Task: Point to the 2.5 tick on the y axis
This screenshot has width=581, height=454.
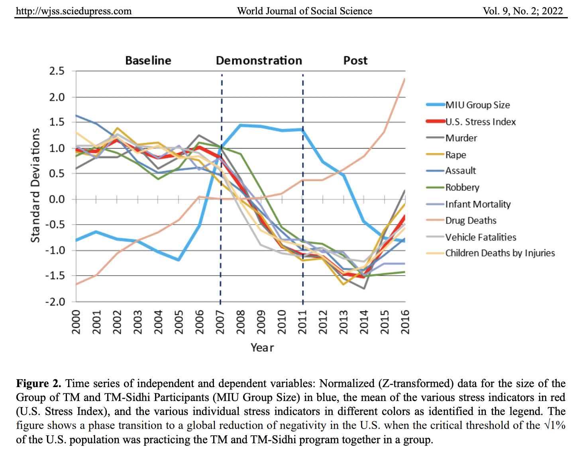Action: pyautogui.click(x=57, y=71)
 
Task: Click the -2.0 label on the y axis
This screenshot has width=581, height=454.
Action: pyautogui.click(x=55, y=302)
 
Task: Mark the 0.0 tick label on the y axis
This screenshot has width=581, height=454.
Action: pyautogui.click(x=57, y=199)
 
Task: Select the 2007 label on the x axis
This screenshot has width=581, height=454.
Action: pyautogui.click(x=220, y=322)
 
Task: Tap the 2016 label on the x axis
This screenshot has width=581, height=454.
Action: pyautogui.click(x=405, y=322)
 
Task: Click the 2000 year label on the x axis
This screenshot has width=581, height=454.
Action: pyautogui.click(x=76, y=322)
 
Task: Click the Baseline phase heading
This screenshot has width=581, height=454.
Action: pyautogui.click(x=148, y=61)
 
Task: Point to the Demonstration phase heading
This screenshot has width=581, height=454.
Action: pyautogui.click(x=259, y=61)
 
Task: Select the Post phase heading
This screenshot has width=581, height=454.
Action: pyautogui.click(x=355, y=61)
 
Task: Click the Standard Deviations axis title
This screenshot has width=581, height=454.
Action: pyautogui.click(x=36, y=185)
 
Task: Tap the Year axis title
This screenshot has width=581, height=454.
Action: pyautogui.click(x=262, y=348)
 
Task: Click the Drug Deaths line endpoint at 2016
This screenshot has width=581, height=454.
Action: pyautogui.click(x=405, y=79)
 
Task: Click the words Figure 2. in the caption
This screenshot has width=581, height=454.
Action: pyautogui.click(x=39, y=384)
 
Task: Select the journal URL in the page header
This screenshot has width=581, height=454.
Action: pyautogui.click(x=74, y=11)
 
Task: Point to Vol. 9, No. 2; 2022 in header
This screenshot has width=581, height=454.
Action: pyautogui.click(x=523, y=11)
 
